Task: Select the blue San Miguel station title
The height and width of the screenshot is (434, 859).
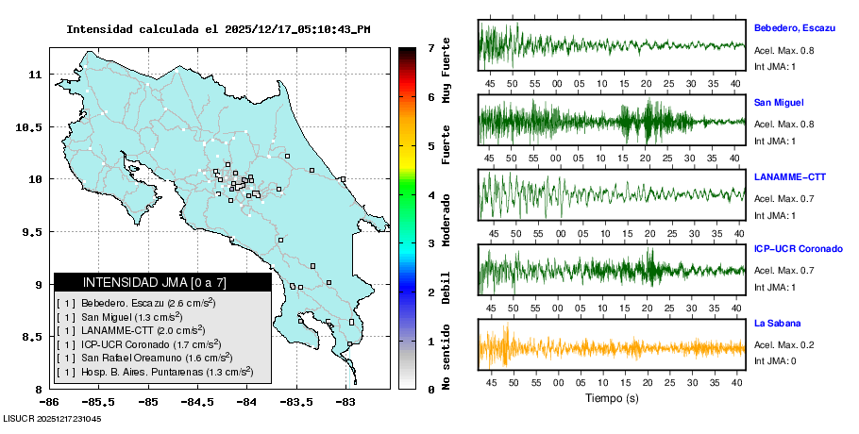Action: [x=779, y=102]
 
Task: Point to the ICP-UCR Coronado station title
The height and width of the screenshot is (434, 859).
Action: [x=798, y=249]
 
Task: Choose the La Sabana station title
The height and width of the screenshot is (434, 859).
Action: [x=776, y=323]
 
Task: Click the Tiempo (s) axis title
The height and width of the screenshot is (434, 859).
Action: [x=612, y=399]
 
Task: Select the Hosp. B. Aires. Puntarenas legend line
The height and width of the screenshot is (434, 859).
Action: [x=155, y=372]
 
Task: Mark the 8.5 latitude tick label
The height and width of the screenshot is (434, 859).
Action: [x=29, y=337]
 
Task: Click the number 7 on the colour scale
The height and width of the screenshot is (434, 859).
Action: [x=430, y=47]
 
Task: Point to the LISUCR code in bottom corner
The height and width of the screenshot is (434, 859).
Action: [x=53, y=418]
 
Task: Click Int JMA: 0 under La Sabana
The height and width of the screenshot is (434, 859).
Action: [x=774, y=360]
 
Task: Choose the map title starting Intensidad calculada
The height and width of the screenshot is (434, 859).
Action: [x=218, y=29]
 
